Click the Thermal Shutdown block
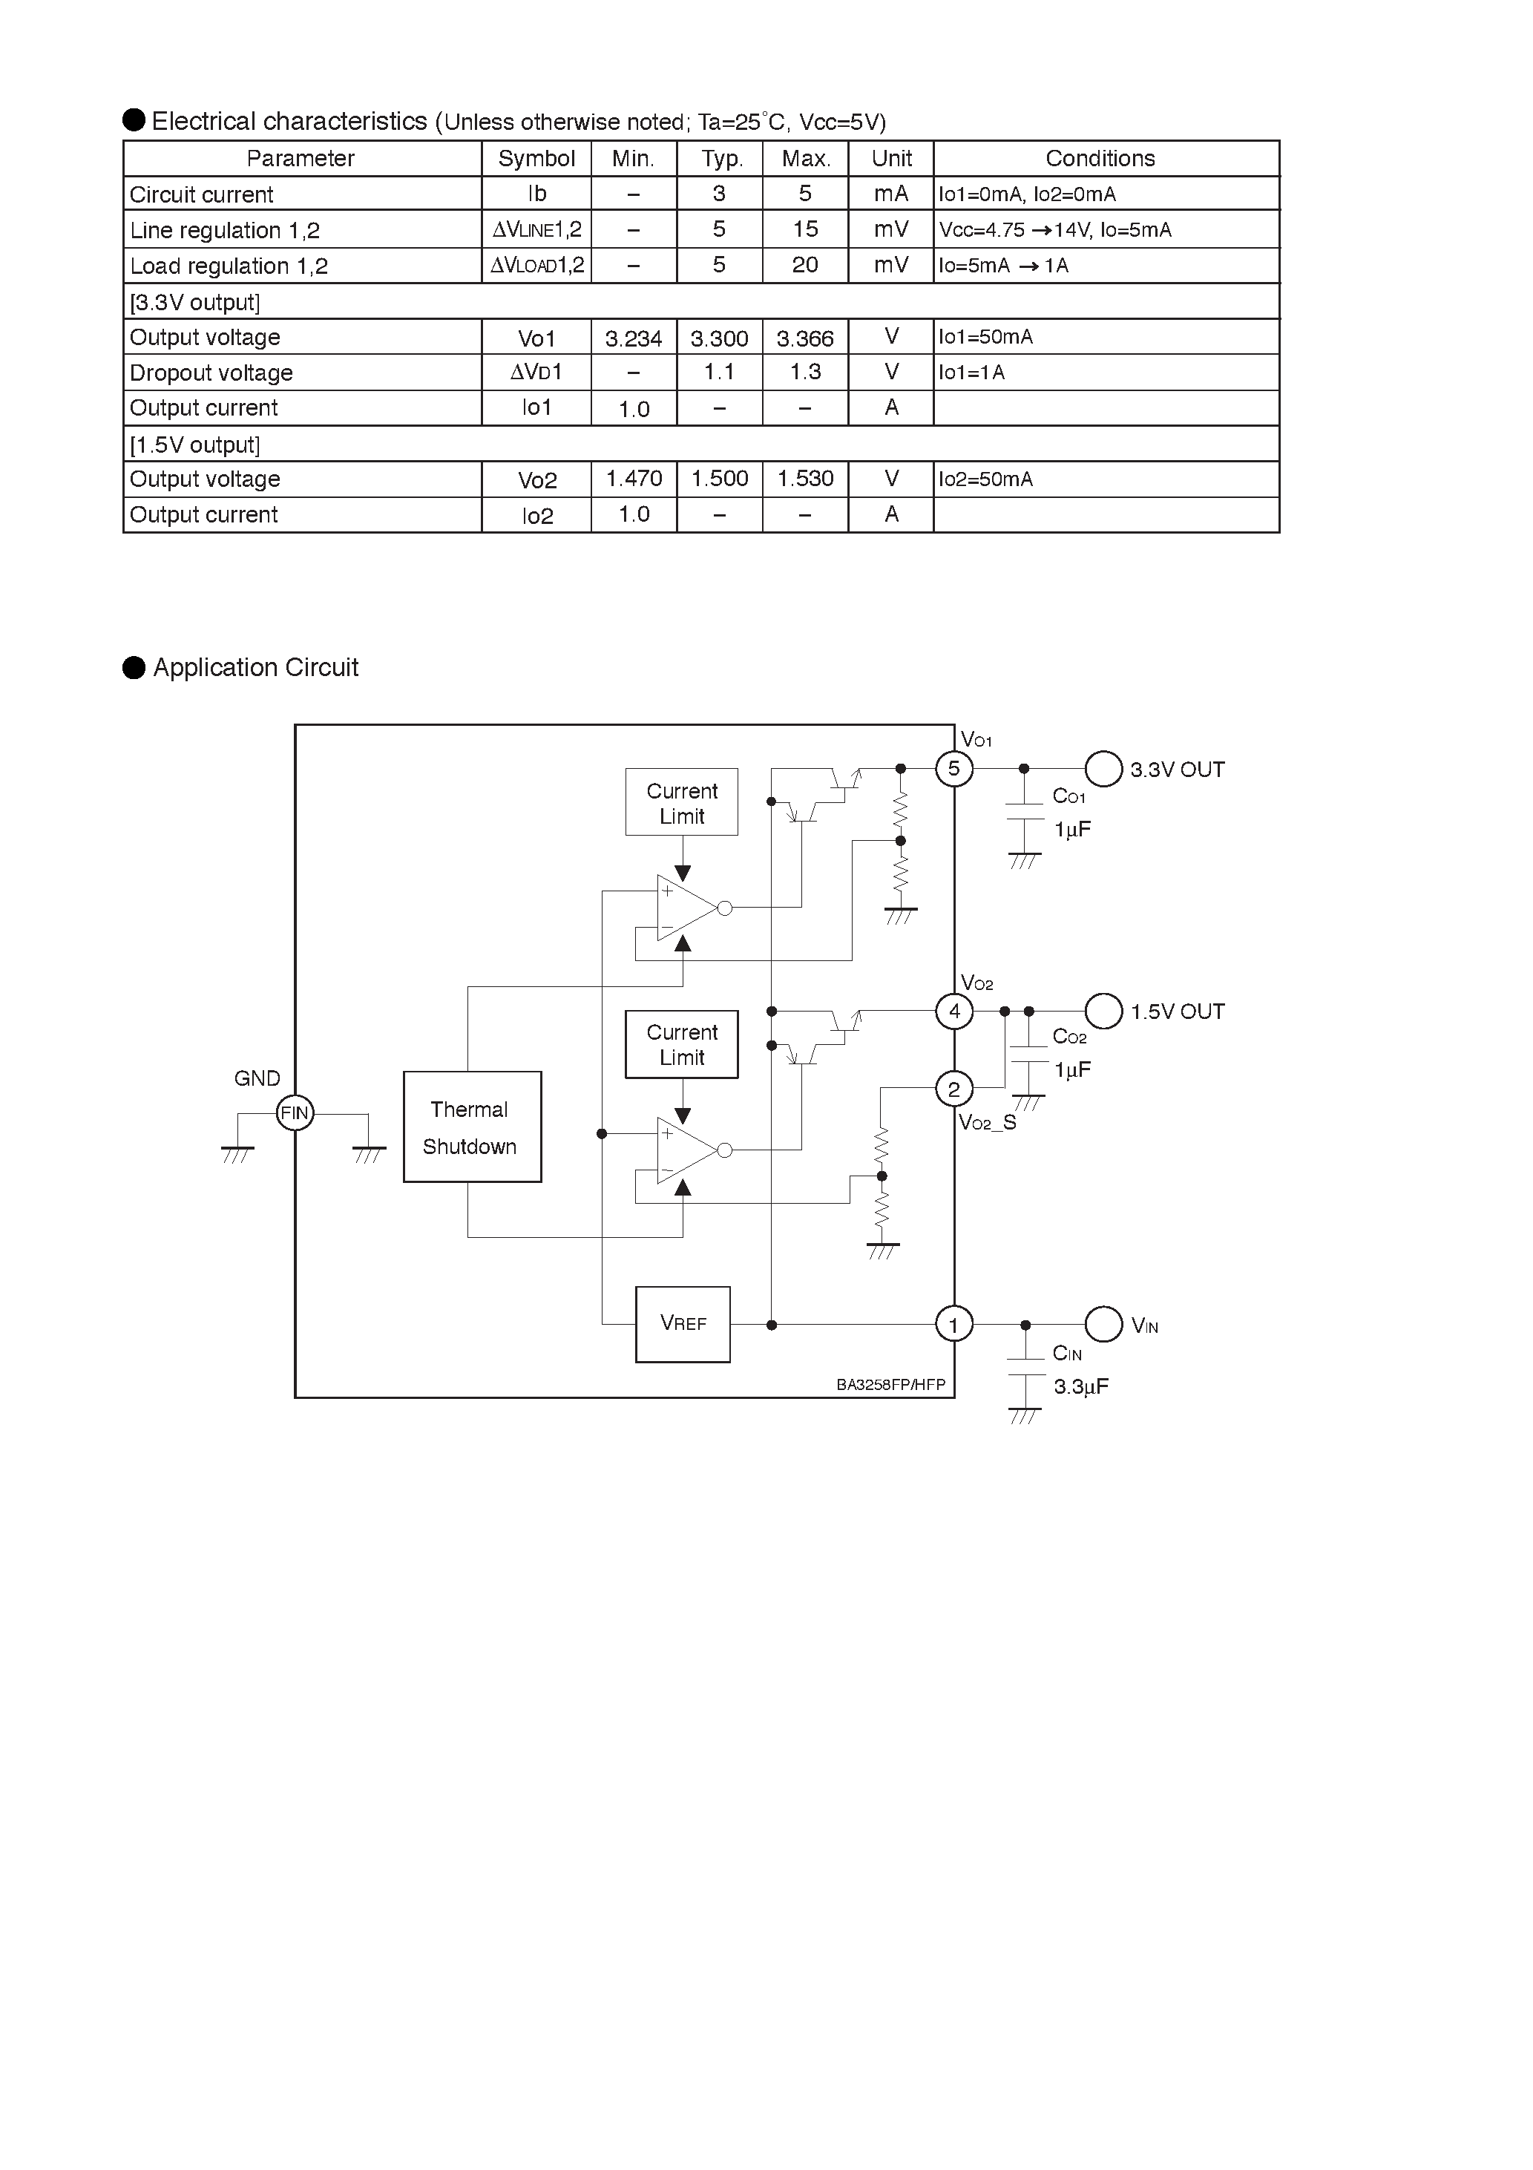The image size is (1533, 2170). (x=472, y=1126)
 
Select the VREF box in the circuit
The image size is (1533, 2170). (x=683, y=1323)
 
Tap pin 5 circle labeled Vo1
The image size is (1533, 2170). (x=953, y=768)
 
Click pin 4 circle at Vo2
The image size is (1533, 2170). (x=953, y=1012)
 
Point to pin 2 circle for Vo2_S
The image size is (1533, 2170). (x=953, y=1089)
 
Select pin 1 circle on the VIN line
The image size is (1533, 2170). (x=953, y=1324)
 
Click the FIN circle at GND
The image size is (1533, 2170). (x=294, y=1112)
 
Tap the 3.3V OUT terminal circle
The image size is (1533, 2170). (x=1103, y=768)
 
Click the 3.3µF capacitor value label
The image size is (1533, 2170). (x=1080, y=1386)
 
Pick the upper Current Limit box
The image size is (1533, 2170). (x=681, y=802)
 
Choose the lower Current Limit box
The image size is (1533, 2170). (x=681, y=1044)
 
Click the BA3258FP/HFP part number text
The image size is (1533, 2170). (x=890, y=1385)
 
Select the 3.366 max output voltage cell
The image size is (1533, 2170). (x=804, y=338)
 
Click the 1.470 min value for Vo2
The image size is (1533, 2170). (x=633, y=479)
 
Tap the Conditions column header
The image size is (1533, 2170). (x=1100, y=158)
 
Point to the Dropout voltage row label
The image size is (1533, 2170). (x=211, y=373)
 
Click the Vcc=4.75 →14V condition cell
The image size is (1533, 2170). (x=1054, y=229)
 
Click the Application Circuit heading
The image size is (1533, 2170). (x=255, y=667)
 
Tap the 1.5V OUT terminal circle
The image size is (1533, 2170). (x=1103, y=1012)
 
